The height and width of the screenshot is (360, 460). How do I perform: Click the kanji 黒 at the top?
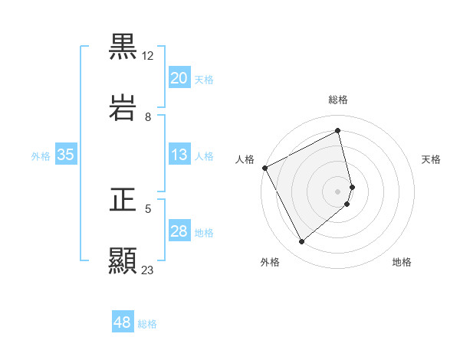click(123, 47)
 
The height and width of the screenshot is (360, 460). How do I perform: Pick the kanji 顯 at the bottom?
click(123, 260)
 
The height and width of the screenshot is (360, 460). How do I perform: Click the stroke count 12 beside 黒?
click(148, 56)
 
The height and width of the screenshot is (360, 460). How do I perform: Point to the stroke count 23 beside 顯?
click(148, 270)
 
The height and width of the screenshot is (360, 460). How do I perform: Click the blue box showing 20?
click(179, 78)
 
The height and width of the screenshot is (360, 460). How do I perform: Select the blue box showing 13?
click(179, 155)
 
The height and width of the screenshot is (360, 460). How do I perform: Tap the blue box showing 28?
click(179, 231)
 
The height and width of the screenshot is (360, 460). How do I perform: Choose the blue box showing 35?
click(66, 155)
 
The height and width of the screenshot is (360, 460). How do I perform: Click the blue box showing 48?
click(123, 323)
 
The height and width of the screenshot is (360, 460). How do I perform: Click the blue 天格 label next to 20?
click(204, 79)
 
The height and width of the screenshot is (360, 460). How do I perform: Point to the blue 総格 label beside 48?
click(147, 324)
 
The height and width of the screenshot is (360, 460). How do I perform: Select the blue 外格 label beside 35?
click(41, 155)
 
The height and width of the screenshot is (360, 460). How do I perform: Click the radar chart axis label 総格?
click(338, 100)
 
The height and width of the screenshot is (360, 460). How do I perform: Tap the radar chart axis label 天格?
click(432, 159)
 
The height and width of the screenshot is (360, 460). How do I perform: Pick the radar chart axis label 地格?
click(402, 262)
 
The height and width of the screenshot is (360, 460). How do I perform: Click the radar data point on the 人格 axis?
click(264, 168)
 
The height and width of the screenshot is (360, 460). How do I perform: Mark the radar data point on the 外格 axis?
click(301, 242)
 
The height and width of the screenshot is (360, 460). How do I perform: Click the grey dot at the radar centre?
click(338, 191)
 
